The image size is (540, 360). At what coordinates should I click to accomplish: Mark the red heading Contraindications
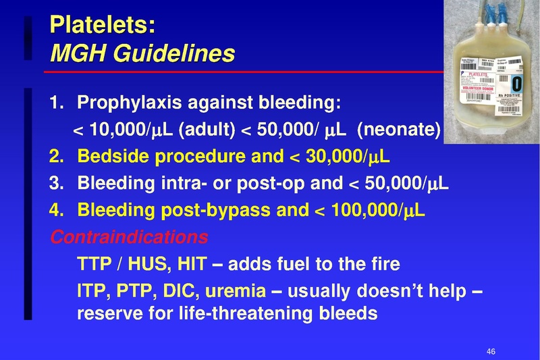coord(129,237)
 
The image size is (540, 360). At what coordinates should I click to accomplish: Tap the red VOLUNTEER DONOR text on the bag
coord(480,88)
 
